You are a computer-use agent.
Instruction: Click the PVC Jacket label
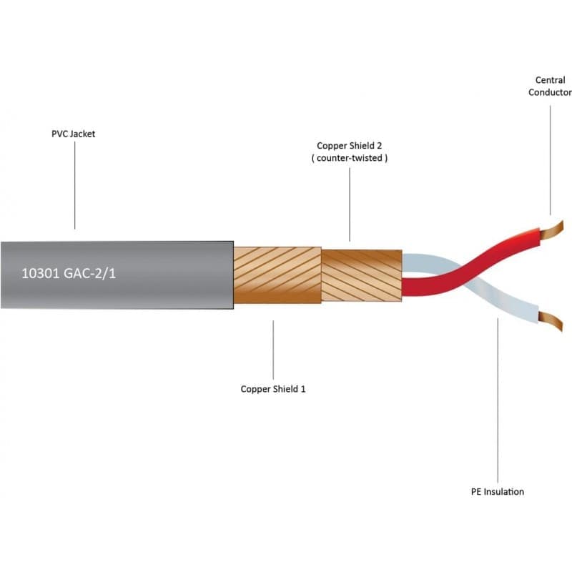[x=74, y=134]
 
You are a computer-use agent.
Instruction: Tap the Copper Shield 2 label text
[x=349, y=146]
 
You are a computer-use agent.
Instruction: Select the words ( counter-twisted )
[x=350, y=158]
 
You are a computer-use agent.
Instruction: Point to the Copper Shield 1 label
[x=273, y=389]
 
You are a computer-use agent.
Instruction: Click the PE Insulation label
[x=498, y=492]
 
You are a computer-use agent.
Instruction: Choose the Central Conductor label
[x=550, y=86]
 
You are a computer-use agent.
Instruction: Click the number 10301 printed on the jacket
[x=40, y=273]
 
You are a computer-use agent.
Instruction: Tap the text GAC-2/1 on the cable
[x=90, y=273]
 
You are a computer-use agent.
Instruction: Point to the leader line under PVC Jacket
[x=75, y=185]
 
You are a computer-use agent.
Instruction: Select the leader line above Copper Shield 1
[x=273, y=350]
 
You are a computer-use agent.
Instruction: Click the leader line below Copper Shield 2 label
[x=350, y=204]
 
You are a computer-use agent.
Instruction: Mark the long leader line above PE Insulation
[x=498, y=400]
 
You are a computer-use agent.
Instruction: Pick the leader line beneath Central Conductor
[x=551, y=160]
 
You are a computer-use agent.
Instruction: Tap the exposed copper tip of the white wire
[x=551, y=321]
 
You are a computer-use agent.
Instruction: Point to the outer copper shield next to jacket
[x=277, y=275]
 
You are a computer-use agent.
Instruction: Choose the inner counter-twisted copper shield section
[x=362, y=275]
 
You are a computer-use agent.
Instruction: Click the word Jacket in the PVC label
[x=82, y=134]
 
